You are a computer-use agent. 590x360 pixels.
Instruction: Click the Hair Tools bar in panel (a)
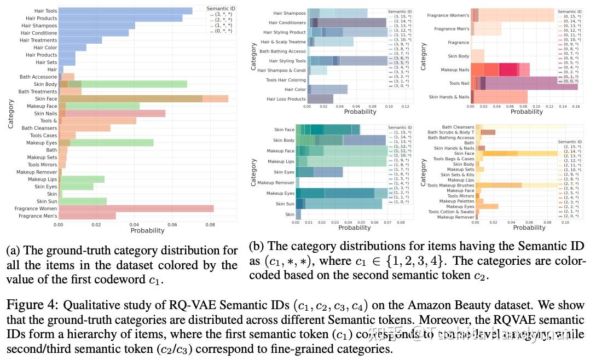pyautogui.click(x=125, y=11)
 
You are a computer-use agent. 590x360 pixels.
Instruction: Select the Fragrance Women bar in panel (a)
pyautogui.click(x=136, y=208)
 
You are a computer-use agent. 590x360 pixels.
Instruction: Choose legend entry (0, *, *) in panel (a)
pyautogui.click(x=222, y=32)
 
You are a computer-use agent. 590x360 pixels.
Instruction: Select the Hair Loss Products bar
pyautogui.click(x=320, y=99)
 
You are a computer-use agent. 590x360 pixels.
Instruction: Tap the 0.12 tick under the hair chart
pyautogui.click(x=404, y=106)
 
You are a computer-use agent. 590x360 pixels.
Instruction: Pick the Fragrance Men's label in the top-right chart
pyautogui.click(x=452, y=29)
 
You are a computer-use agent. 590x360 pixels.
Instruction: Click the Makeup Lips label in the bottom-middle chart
pyautogui.click(x=280, y=161)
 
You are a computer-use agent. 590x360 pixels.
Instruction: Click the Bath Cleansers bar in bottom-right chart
pyautogui.click(x=520, y=127)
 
